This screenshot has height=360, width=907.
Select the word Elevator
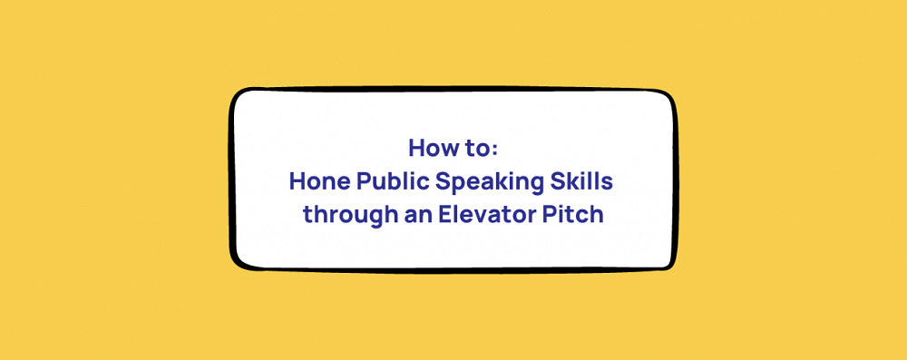[472, 217]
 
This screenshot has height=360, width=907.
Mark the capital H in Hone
[297, 181]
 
